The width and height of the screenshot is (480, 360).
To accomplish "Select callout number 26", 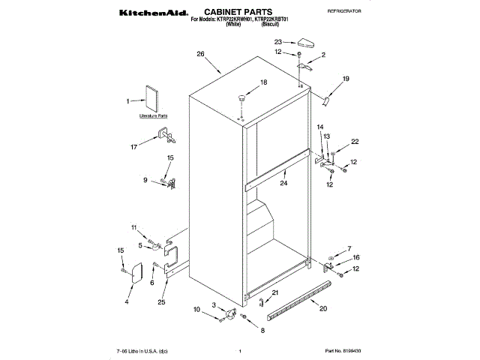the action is pos(200,54).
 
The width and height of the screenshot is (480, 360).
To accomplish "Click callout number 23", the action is pos(278,42).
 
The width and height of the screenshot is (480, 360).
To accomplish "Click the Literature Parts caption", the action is pos(154,117).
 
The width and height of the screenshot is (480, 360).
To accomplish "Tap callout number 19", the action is pos(346,79).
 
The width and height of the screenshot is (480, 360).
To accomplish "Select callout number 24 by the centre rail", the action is pos(284,183).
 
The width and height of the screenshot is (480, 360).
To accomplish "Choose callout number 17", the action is pos(134,147).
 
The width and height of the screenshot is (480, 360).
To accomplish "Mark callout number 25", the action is pos(161,301).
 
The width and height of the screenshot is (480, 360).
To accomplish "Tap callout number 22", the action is pos(355,142).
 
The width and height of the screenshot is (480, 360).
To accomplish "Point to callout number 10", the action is pos(197,310).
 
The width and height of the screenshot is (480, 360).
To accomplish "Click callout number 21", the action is pos(275,292).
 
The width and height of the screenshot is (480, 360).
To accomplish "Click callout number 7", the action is pos(348,248).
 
